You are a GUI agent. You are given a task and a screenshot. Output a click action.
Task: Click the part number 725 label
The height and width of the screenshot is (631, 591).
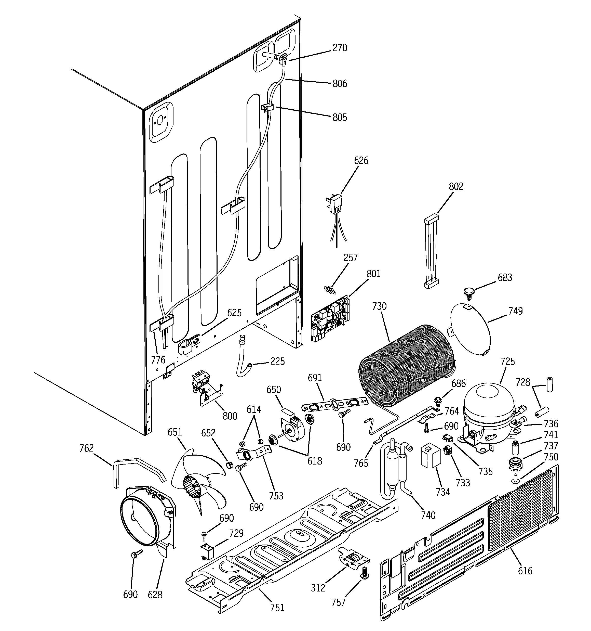click(507, 362)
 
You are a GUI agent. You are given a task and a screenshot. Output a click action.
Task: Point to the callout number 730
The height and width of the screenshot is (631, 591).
click(379, 306)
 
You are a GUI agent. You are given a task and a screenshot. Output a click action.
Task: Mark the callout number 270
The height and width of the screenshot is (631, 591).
click(340, 48)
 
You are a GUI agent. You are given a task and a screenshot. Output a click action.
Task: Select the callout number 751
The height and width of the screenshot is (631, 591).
click(277, 608)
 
